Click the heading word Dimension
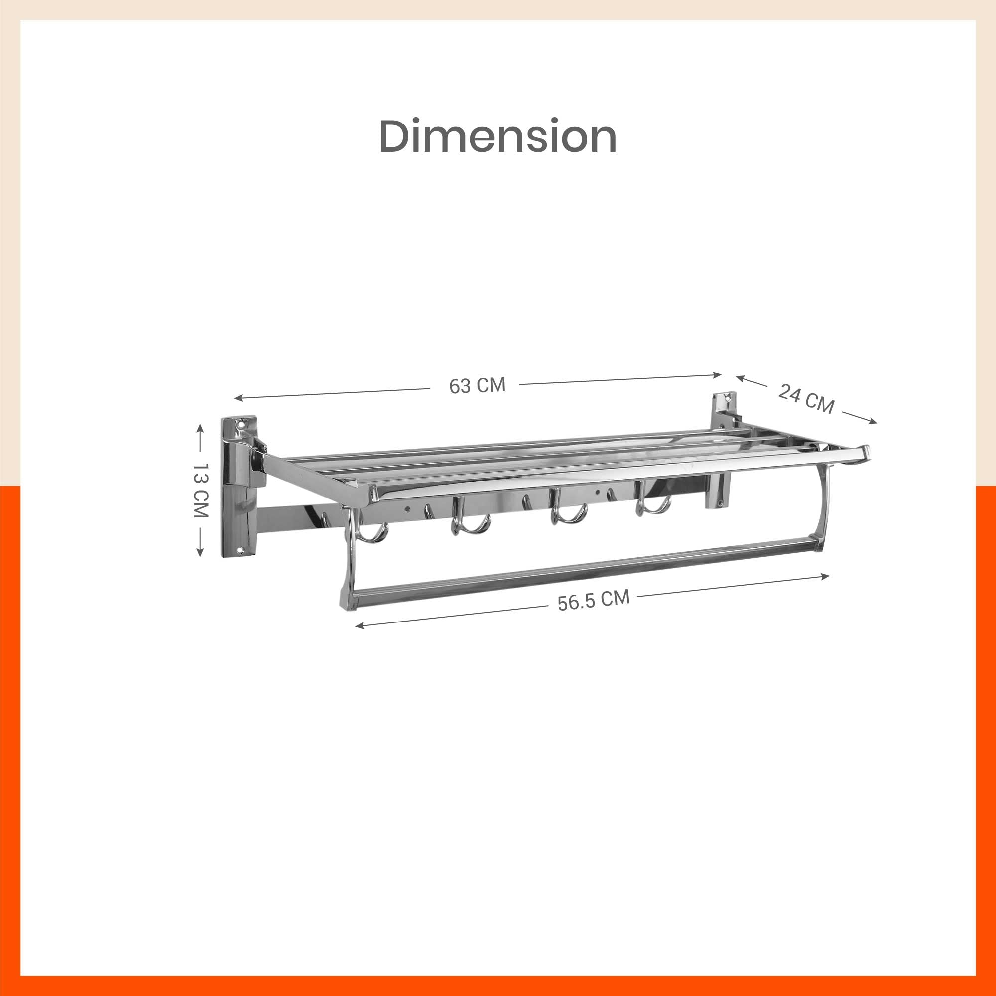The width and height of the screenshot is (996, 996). pos(498,136)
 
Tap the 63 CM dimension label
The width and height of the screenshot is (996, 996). pos(478,385)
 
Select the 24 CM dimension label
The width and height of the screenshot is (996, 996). pos(806,398)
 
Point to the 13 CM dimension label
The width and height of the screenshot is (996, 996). pos(200,490)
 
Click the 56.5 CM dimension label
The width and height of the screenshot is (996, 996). pos(594,600)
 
